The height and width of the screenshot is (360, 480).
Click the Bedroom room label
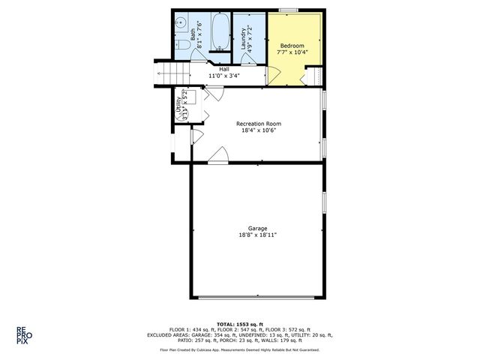(292, 45)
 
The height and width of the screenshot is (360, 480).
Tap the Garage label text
(258, 228)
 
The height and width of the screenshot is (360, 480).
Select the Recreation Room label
(258, 123)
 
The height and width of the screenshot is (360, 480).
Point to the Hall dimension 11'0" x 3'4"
(223, 76)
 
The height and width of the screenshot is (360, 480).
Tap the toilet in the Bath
(181, 46)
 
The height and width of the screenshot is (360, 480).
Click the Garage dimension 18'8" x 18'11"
(258, 235)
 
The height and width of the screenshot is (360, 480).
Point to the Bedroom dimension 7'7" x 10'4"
(292, 52)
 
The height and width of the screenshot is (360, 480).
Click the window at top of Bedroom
(289, 10)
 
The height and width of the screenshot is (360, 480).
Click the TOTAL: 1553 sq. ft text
(239, 322)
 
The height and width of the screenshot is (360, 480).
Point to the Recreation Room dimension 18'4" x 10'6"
(258, 130)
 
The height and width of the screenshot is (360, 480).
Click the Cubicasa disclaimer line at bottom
(239, 349)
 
